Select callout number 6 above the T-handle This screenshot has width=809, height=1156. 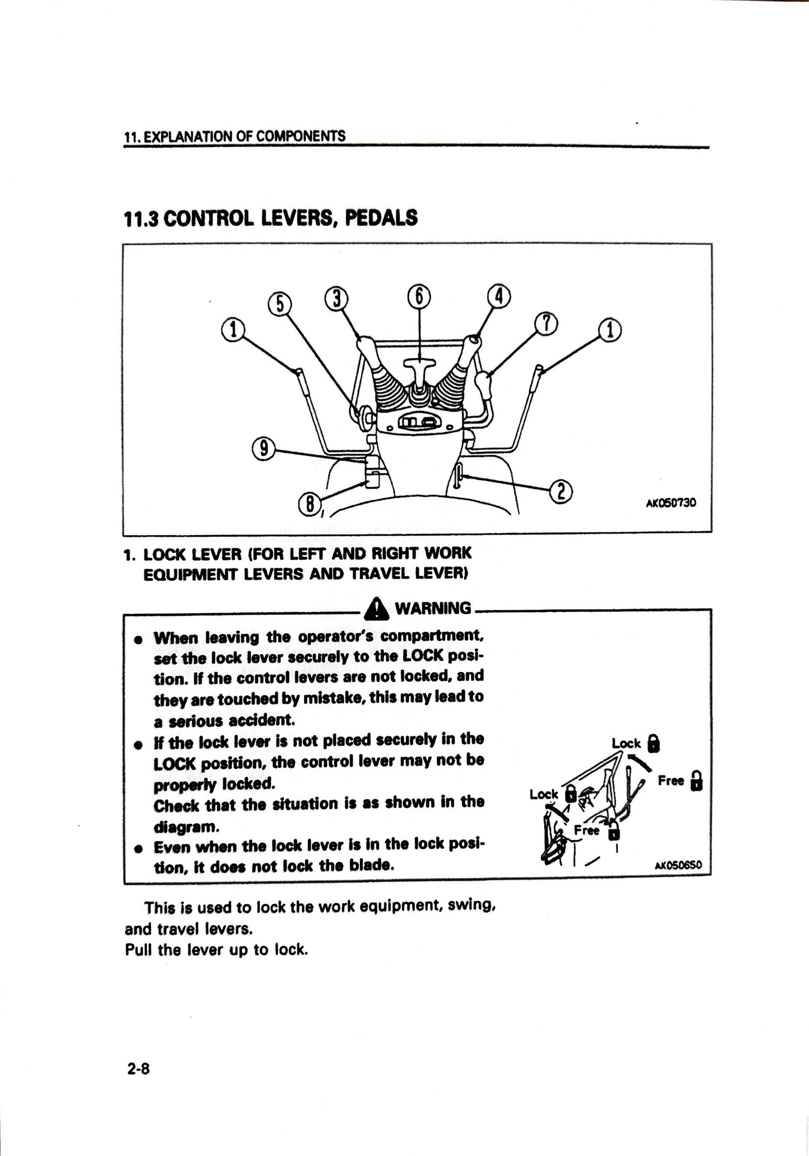click(419, 295)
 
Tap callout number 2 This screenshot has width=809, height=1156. click(562, 491)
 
